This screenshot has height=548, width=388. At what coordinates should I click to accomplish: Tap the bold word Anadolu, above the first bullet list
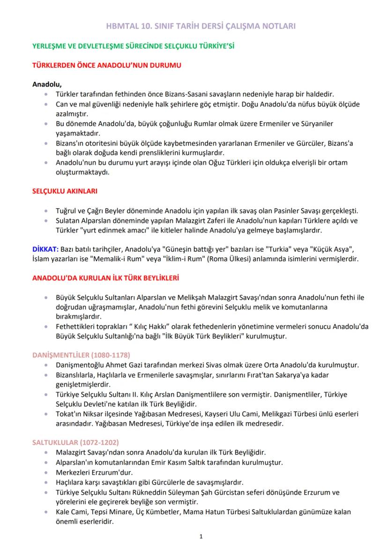pyautogui.click(x=47, y=84)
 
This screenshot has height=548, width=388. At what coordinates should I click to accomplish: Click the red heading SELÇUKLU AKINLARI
pyautogui.click(x=64, y=192)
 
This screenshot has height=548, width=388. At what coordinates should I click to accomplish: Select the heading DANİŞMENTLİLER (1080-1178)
pyautogui.click(x=81, y=355)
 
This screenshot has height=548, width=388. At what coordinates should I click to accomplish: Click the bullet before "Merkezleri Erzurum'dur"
pyautogui.click(x=45, y=472)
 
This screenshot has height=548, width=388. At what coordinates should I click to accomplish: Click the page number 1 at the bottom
pyautogui.click(x=201, y=537)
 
